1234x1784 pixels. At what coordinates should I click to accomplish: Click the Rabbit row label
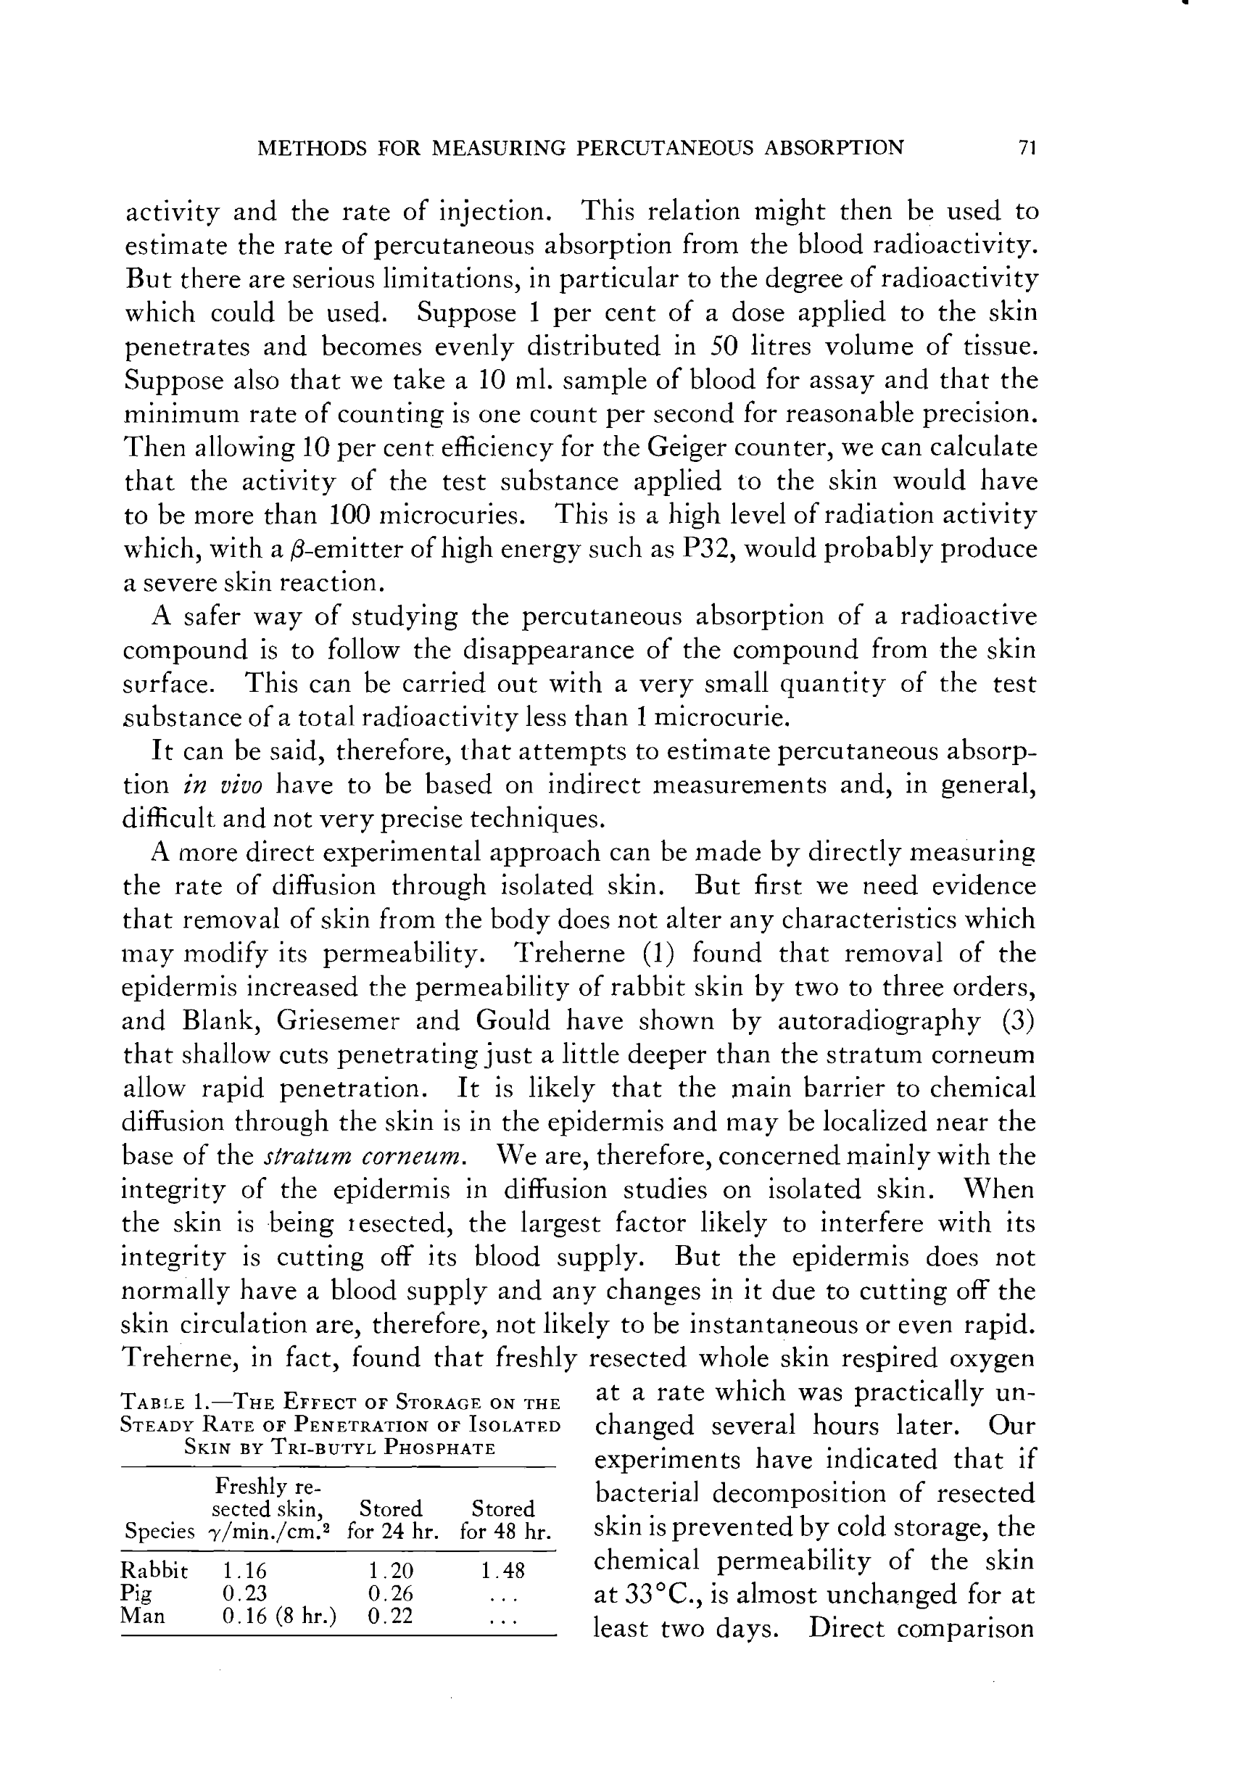point(154,1571)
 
